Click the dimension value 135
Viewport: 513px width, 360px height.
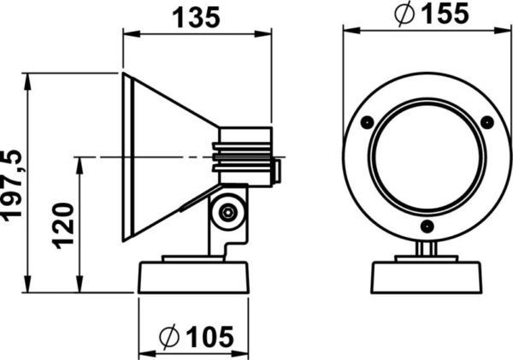click(196, 18)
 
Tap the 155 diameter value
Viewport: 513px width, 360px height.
click(445, 14)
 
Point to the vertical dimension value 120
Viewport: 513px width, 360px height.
click(63, 226)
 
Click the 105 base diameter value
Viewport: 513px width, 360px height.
click(209, 337)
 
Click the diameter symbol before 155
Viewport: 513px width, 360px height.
click(404, 14)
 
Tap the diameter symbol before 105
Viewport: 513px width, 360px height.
click(169, 337)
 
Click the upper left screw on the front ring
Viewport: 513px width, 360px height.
click(367, 122)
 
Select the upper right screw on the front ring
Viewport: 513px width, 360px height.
click(486, 122)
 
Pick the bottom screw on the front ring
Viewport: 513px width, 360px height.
click(427, 227)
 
